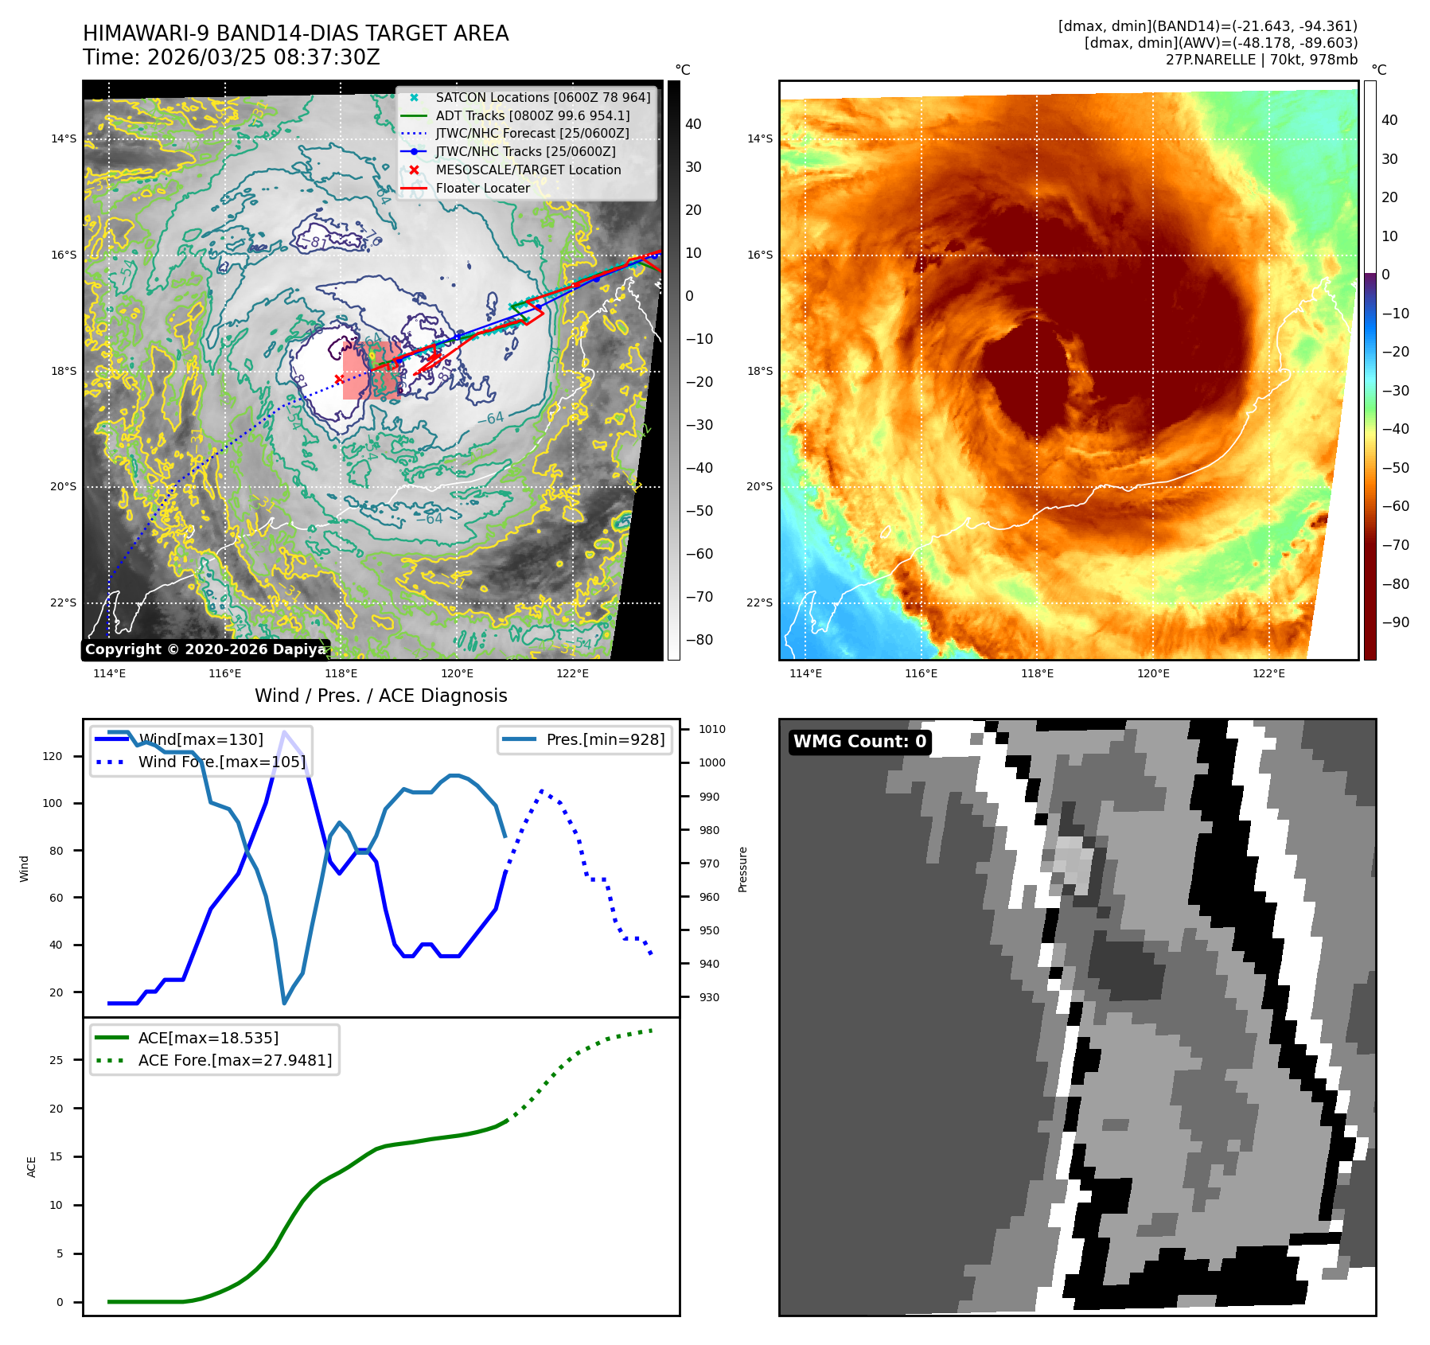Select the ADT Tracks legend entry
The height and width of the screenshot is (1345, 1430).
532,116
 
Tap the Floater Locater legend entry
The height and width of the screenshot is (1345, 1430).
482,189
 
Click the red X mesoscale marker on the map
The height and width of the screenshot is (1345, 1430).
339,379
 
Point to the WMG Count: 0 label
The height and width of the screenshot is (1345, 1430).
859,742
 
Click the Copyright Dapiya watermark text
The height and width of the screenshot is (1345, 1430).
205,649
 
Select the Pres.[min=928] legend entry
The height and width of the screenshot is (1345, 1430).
605,739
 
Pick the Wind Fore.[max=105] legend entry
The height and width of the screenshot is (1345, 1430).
221,762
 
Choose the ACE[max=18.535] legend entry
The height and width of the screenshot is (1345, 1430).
208,1038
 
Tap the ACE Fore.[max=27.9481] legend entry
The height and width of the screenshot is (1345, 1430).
235,1060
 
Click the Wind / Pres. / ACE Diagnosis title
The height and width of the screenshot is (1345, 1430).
380,696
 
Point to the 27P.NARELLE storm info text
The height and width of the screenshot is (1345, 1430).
1261,60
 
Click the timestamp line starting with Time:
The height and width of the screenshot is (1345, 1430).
232,58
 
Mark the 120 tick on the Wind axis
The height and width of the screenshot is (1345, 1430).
53,756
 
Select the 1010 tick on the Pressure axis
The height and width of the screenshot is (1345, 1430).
712,729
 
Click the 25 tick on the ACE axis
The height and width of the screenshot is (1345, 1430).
56,1060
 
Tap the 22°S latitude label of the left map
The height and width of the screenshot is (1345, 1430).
64,602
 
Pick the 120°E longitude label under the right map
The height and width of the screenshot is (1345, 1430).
1153,673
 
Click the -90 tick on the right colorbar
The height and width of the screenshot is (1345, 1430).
1395,622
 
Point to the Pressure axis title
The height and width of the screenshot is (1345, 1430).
742,869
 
